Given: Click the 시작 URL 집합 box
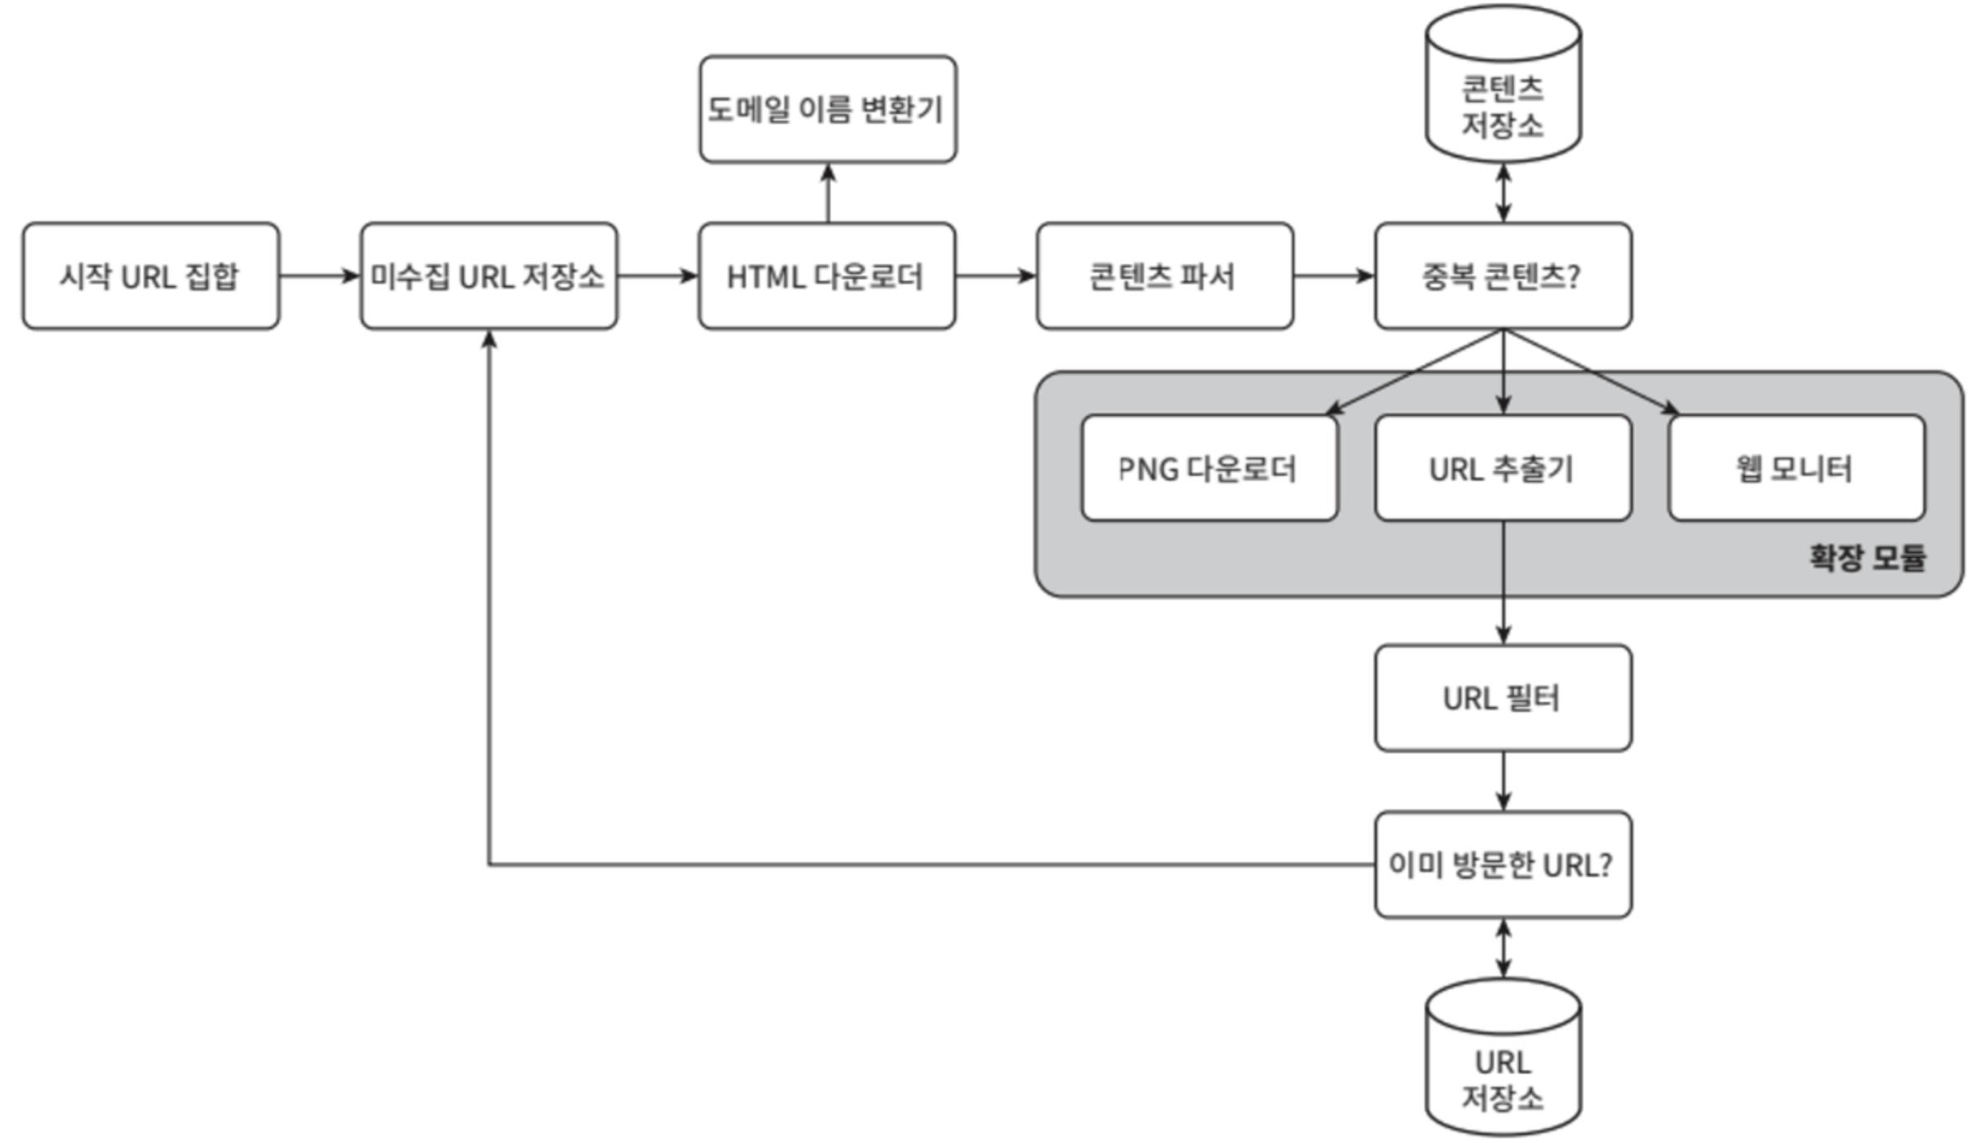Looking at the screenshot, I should pos(151,276).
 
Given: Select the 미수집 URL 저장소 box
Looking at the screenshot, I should pos(489,276).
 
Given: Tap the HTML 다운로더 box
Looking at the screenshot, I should pos(827,276).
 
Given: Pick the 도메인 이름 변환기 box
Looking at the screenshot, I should pos(828,109).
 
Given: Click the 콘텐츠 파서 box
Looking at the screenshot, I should pos(1165,276).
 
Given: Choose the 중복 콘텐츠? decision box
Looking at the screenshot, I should pos(1503,276).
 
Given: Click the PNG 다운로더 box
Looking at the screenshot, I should pos(1209,468).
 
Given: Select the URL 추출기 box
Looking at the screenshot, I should pos(1503,468).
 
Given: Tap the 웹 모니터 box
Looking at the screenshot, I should pos(1796,468).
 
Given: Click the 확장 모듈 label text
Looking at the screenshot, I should pos(1867,558).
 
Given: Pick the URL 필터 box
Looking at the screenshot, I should pos(1503,698).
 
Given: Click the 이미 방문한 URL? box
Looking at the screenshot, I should pos(1503,864).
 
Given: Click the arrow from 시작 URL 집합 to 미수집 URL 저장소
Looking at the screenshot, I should pos(320,276).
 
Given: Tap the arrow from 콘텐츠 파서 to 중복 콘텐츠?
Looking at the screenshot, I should pos(1334,276).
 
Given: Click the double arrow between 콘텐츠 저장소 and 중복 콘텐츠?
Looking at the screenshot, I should pos(1503,192).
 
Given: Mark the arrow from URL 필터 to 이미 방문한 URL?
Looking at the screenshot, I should pos(1503,780).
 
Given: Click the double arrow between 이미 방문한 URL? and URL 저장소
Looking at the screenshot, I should pos(1503,948).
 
